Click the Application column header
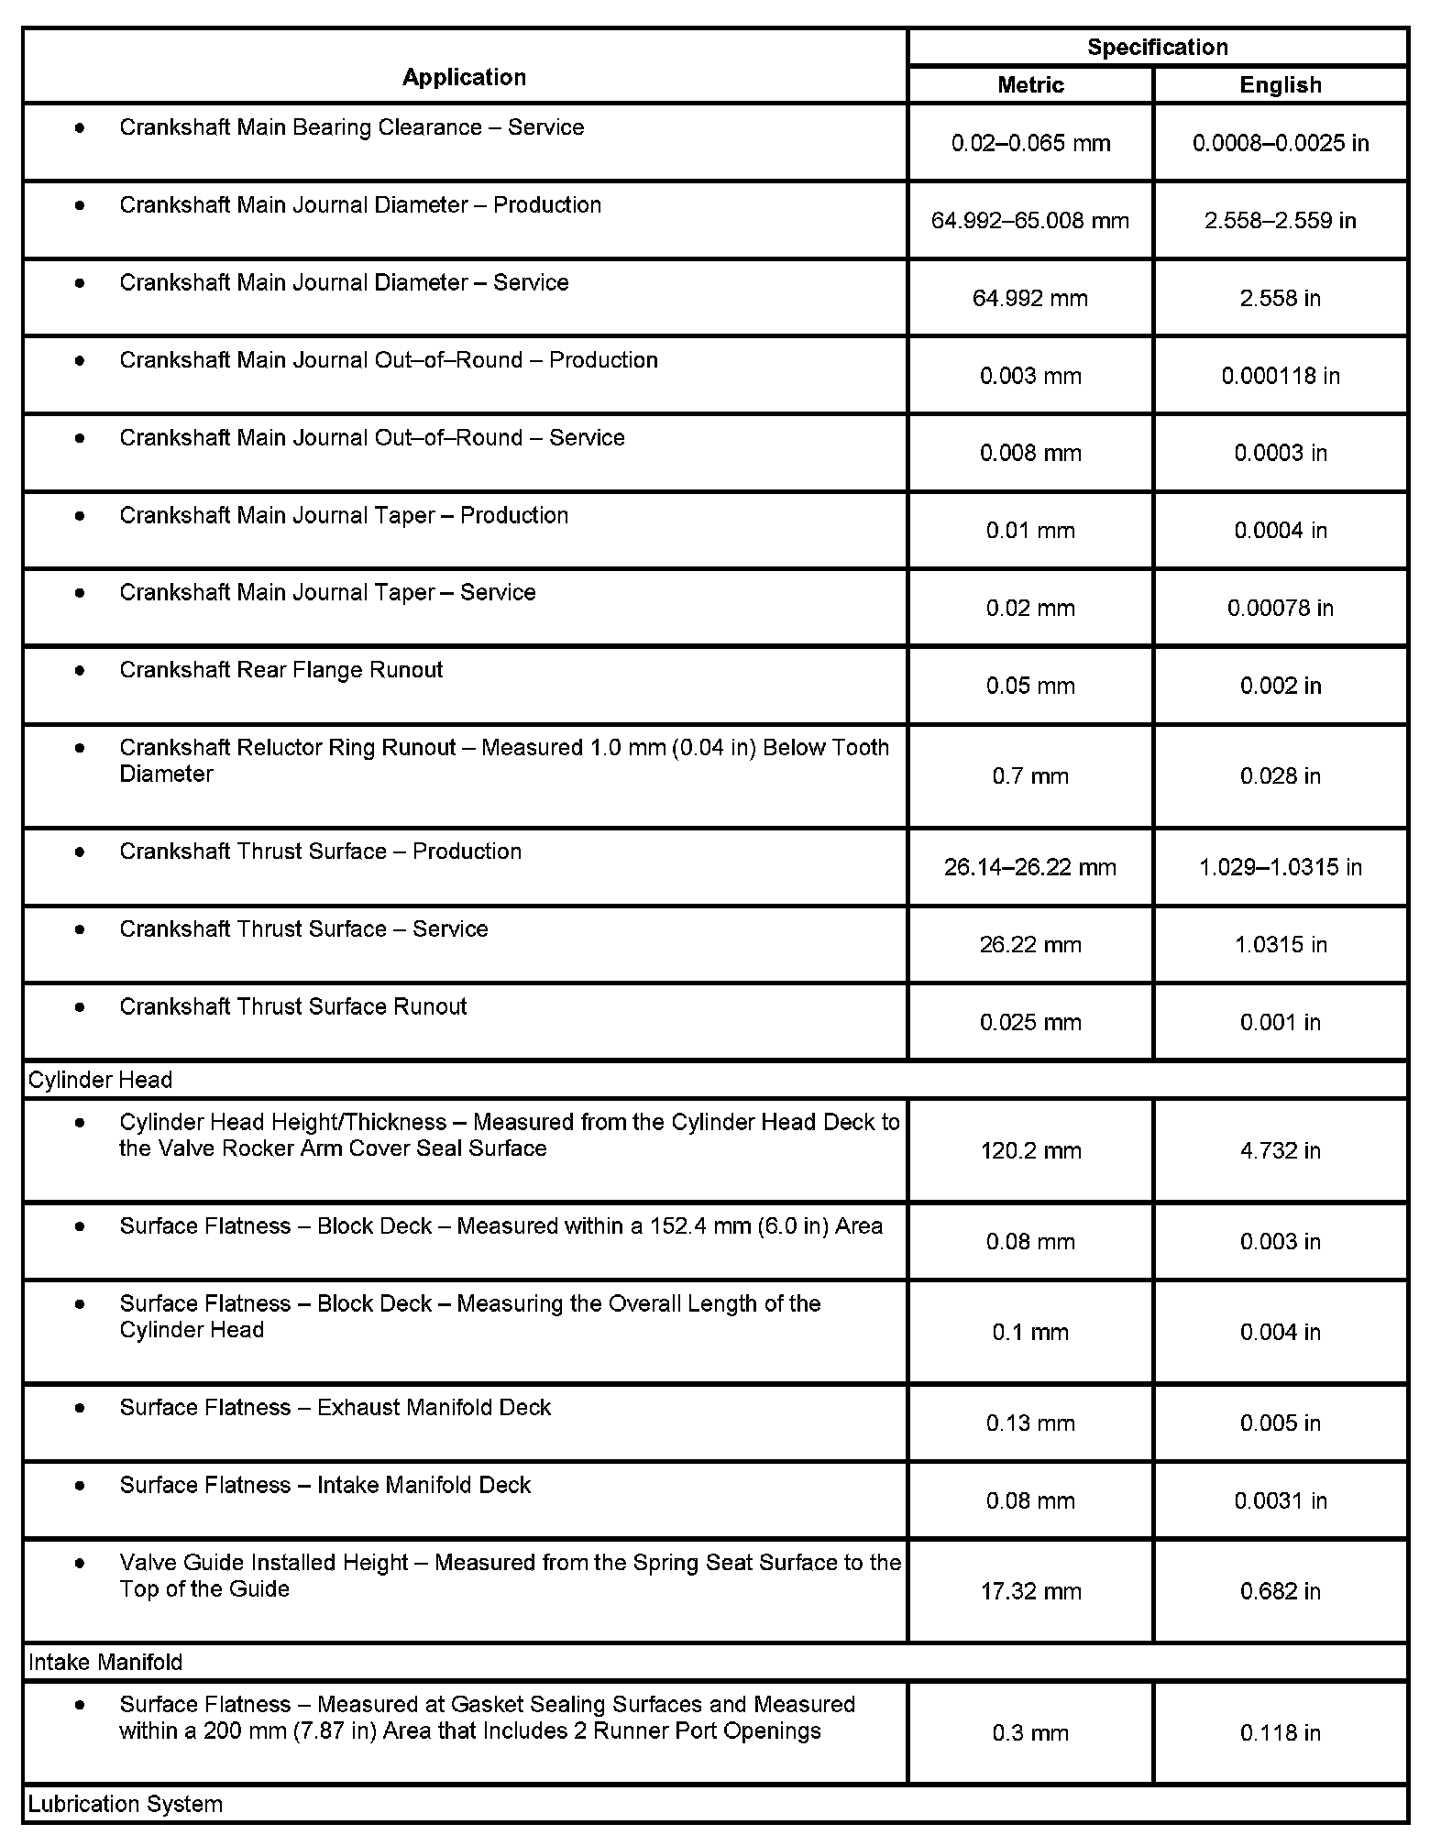coord(464,77)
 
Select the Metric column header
coord(1030,85)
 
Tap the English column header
coord(1280,85)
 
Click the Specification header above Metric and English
coord(1157,48)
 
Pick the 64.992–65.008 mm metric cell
coord(1030,221)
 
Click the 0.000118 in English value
coord(1280,376)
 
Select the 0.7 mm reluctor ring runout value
coord(1030,776)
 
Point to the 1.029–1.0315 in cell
coord(1280,867)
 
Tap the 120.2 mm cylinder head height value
coord(1030,1150)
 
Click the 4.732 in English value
coord(1280,1150)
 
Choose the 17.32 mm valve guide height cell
coord(1030,1591)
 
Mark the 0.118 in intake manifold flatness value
coord(1280,1733)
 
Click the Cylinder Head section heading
coord(101,1080)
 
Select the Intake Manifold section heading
coord(105,1663)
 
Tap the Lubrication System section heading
coord(126,1805)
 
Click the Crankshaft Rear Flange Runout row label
coord(280,670)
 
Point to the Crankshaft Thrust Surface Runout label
coord(292,1006)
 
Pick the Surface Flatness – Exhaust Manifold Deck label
coord(335,1407)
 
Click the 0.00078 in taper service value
coord(1280,609)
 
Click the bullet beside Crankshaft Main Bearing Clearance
coord(81,127)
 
